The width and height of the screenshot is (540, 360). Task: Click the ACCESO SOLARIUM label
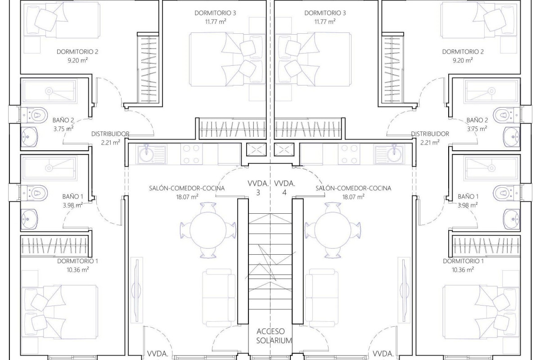coord(274,336)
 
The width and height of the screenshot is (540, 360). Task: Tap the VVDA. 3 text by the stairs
coord(258,188)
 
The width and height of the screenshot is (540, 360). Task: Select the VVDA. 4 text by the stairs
coord(285,188)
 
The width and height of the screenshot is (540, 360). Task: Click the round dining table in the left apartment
coord(208,230)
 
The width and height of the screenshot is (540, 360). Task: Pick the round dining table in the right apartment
coord(333,230)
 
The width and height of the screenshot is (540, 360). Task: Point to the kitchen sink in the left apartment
coord(152,154)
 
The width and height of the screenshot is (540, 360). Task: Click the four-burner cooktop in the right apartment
coord(349,154)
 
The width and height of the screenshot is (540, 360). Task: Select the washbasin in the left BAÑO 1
coord(29,219)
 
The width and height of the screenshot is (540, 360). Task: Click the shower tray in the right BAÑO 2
coord(491,91)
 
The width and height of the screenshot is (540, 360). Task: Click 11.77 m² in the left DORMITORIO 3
coord(216,22)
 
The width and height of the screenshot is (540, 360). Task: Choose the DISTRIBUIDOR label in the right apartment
coord(430,134)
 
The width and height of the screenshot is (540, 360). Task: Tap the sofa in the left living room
coord(219,298)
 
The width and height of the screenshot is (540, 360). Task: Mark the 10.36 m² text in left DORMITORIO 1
coord(77,270)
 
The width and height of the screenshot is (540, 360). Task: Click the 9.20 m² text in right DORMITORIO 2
coord(463,60)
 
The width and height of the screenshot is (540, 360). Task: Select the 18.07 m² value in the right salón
coord(353,197)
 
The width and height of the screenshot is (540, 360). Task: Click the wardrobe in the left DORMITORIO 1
coord(54,246)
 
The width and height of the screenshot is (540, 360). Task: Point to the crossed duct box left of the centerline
coord(256,149)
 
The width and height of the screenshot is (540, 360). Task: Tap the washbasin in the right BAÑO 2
coord(512,137)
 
